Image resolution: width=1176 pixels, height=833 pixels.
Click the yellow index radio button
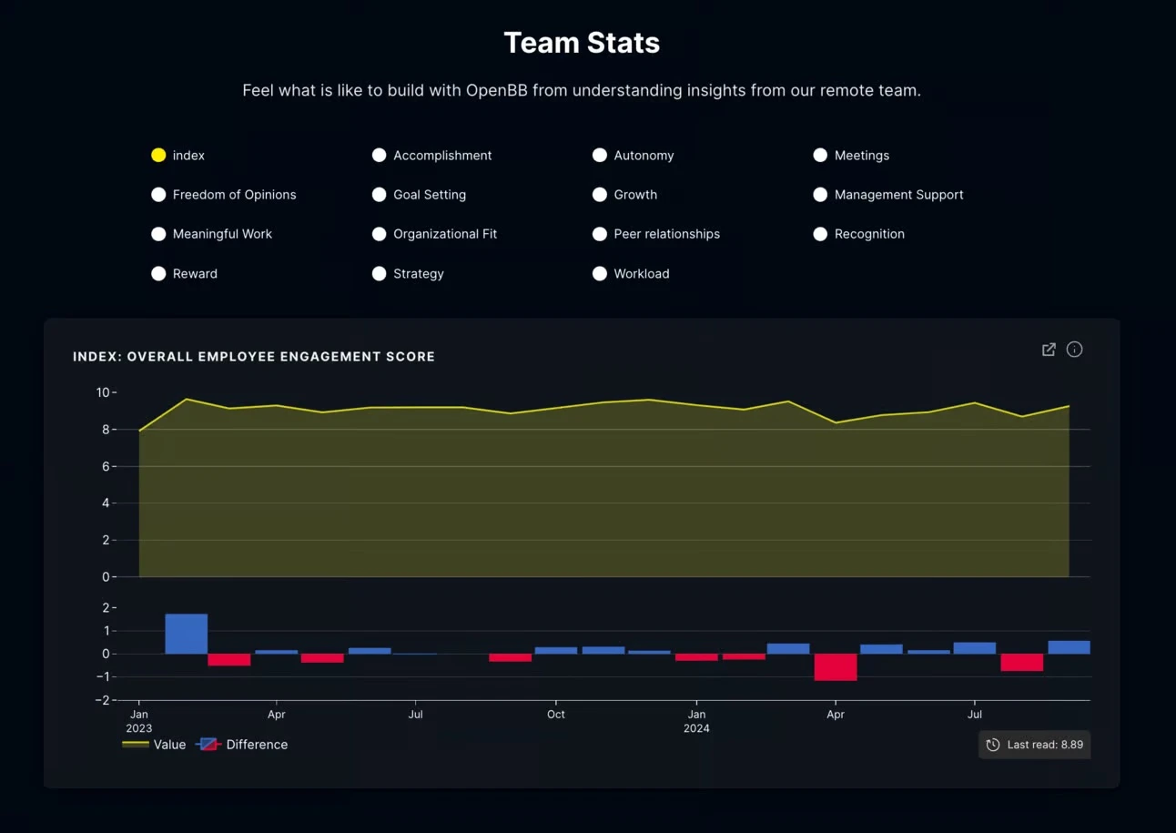(x=158, y=156)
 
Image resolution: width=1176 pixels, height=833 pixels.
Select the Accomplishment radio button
(x=380, y=156)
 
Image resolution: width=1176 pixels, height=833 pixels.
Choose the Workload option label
(x=641, y=274)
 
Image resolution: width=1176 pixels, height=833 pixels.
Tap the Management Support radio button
(x=820, y=195)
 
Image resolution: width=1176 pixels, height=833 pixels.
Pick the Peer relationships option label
(x=666, y=234)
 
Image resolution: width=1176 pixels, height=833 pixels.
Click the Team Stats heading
(x=582, y=43)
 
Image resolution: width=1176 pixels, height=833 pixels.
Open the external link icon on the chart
(x=1049, y=350)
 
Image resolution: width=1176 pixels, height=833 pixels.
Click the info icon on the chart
(x=1074, y=350)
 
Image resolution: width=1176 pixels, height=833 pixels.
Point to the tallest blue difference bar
(x=187, y=634)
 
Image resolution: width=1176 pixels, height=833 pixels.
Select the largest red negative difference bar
(x=836, y=667)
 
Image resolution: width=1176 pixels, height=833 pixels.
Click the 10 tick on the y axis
(x=103, y=392)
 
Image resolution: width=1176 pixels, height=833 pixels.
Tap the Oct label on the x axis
(x=555, y=715)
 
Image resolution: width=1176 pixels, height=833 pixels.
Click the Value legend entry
(x=155, y=745)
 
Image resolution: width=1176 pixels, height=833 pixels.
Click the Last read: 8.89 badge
(x=1034, y=745)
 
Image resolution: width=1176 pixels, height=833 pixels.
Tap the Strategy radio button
(x=380, y=274)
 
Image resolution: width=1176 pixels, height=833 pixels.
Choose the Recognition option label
(x=869, y=234)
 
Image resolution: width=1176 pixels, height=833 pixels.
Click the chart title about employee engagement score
(x=254, y=357)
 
